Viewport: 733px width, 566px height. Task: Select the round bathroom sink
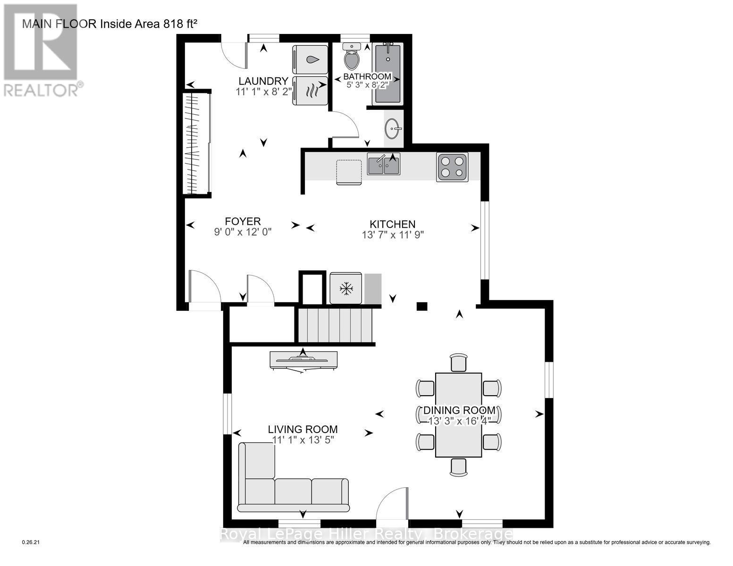click(393, 127)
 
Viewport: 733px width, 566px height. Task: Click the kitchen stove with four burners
click(452, 167)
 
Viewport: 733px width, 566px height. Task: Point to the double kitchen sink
click(384, 165)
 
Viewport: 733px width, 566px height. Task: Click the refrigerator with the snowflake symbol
click(346, 288)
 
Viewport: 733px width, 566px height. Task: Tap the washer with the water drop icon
click(310, 59)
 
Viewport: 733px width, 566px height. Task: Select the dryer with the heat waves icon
click(310, 90)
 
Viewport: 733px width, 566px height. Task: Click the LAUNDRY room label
click(263, 81)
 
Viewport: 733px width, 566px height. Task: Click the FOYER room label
click(243, 221)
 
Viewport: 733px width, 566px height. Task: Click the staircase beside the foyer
click(335, 325)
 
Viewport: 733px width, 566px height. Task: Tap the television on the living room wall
click(303, 360)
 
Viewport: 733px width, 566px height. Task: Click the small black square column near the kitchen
click(421, 307)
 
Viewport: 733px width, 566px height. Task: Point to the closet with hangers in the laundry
click(196, 143)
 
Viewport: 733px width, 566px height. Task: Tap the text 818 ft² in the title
click(180, 24)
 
